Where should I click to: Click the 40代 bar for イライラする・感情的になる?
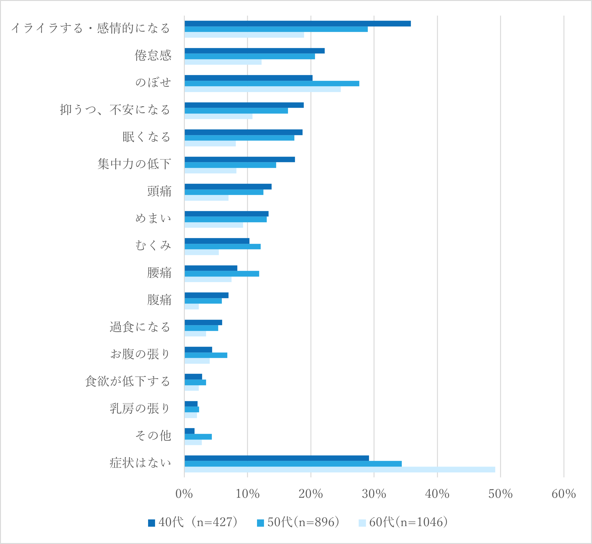[x=297, y=24]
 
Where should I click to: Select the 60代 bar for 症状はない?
[x=340, y=470]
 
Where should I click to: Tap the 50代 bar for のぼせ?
[x=272, y=83]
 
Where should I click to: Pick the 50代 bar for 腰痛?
[x=222, y=274]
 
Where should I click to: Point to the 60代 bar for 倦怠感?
[x=223, y=62]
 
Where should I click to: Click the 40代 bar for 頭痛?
[x=228, y=187]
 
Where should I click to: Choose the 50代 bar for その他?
[x=198, y=437]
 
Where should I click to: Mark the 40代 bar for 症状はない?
[x=276, y=458]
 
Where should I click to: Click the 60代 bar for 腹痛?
[x=191, y=307]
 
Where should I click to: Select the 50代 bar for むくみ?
[x=222, y=246]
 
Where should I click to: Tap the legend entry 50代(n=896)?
[x=298, y=522]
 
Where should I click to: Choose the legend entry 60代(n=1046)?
[x=403, y=522]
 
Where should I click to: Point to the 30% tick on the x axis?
[x=374, y=494]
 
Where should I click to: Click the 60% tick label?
[x=563, y=494]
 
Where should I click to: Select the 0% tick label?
[x=184, y=494]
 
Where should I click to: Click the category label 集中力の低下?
[x=134, y=164]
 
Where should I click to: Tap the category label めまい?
[x=153, y=218]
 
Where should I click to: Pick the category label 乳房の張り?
[x=140, y=409]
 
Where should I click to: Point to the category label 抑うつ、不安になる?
[x=115, y=110]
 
